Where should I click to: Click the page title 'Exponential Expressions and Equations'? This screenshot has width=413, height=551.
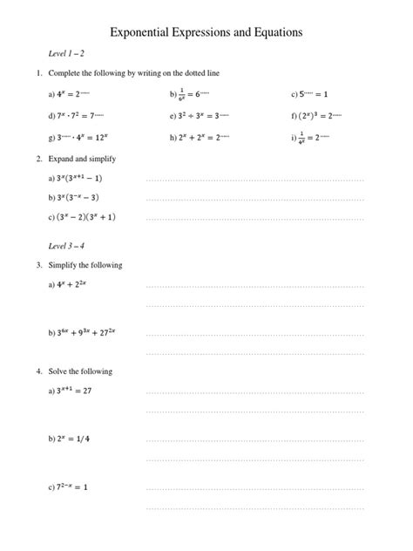[x=206, y=31]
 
